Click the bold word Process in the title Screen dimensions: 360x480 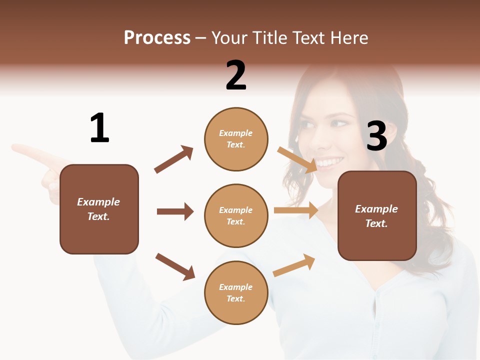[157, 38]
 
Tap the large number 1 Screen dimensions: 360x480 [99, 128]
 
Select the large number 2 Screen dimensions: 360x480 [236, 75]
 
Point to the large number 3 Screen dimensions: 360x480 [376, 136]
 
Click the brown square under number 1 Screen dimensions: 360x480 [99, 209]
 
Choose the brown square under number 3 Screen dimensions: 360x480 [377, 216]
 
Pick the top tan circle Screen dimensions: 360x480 [236, 139]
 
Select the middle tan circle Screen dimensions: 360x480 [236, 216]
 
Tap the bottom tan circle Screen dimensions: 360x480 [236, 293]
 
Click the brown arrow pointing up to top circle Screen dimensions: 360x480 [174, 159]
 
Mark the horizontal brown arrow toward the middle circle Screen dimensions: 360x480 [175, 211]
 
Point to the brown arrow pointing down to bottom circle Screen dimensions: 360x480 [175, 266]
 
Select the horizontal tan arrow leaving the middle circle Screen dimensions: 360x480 [296, 210]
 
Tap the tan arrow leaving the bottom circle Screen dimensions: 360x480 [294, 265]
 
